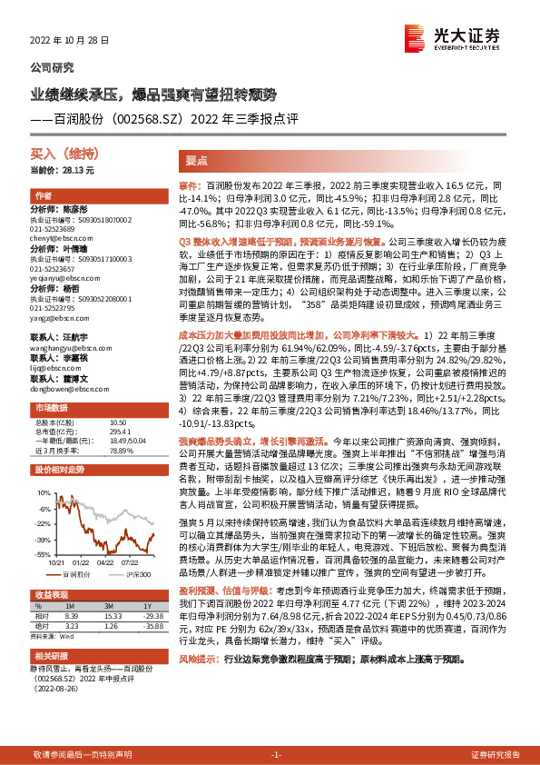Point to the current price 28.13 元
pos(62,171)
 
